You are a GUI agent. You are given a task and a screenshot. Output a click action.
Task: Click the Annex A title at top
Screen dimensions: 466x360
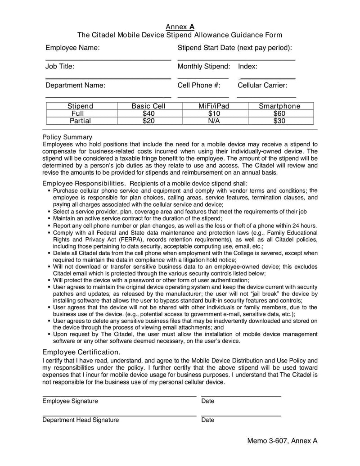180,27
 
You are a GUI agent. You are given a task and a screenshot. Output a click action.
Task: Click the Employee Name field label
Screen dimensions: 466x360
72,48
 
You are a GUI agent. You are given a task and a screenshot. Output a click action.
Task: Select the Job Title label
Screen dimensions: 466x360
60,67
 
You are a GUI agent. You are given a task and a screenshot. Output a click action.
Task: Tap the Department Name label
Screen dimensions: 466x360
75,85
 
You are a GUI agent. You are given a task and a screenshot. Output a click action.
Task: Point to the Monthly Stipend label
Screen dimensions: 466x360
204,67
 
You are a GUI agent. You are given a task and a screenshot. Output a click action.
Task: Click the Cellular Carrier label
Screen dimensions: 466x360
262,85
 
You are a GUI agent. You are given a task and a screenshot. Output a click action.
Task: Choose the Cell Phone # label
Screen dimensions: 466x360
199,85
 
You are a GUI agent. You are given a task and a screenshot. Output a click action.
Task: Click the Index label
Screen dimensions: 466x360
247,67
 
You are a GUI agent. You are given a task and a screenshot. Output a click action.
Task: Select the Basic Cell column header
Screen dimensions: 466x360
148,106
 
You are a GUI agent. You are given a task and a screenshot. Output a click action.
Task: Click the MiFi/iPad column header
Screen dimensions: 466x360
214,106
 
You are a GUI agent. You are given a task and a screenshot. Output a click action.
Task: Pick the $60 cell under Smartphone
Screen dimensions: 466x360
279,113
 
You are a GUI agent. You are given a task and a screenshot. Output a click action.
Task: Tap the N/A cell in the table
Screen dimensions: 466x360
214,121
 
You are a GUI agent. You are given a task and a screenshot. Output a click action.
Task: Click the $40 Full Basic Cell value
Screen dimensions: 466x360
148,113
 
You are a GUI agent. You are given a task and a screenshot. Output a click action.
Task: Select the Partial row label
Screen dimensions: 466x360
80,121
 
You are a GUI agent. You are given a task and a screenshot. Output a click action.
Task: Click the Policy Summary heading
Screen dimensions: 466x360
67,137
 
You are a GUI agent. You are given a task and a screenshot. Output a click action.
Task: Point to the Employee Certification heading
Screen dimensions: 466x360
81,352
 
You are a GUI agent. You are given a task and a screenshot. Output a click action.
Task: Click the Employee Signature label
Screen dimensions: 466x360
70,401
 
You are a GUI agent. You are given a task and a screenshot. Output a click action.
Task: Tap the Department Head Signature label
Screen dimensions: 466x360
81,420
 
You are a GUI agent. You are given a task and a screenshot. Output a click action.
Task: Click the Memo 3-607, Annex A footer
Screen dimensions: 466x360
282,441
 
